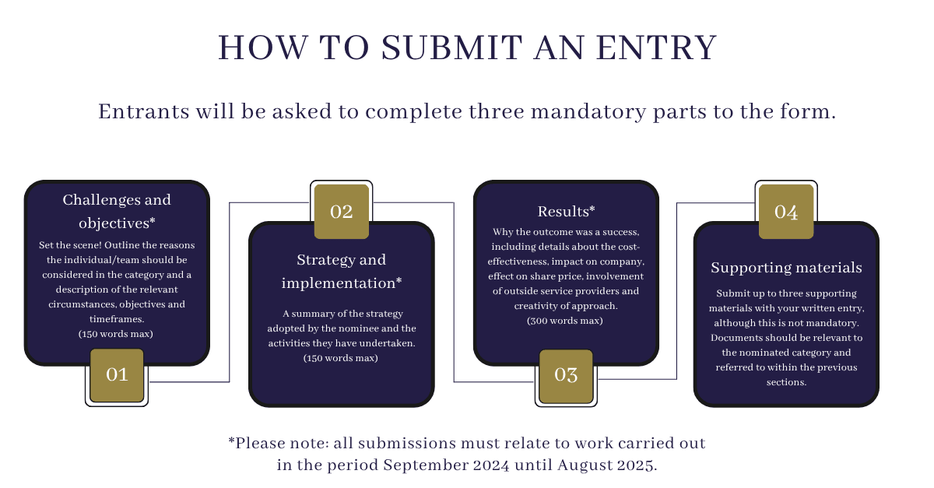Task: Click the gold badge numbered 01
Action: (117, 375)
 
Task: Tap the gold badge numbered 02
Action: (342, 212)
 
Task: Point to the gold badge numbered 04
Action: (786, 212)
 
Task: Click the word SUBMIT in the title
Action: (451, 47)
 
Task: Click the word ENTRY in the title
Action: (656, 47)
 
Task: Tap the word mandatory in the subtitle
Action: (588, 112)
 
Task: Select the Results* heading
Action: (566, 212)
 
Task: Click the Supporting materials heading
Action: (786, 268)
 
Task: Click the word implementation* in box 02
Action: (342, 283)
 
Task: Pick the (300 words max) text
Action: (565, 321)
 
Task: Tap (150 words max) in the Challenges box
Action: (116, 334)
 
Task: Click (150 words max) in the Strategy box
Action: (341, 358)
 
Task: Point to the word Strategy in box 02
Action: (321, 260)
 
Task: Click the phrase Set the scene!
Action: (70, 245)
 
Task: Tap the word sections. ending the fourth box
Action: (786, 382)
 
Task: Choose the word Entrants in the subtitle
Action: (144, 112)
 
